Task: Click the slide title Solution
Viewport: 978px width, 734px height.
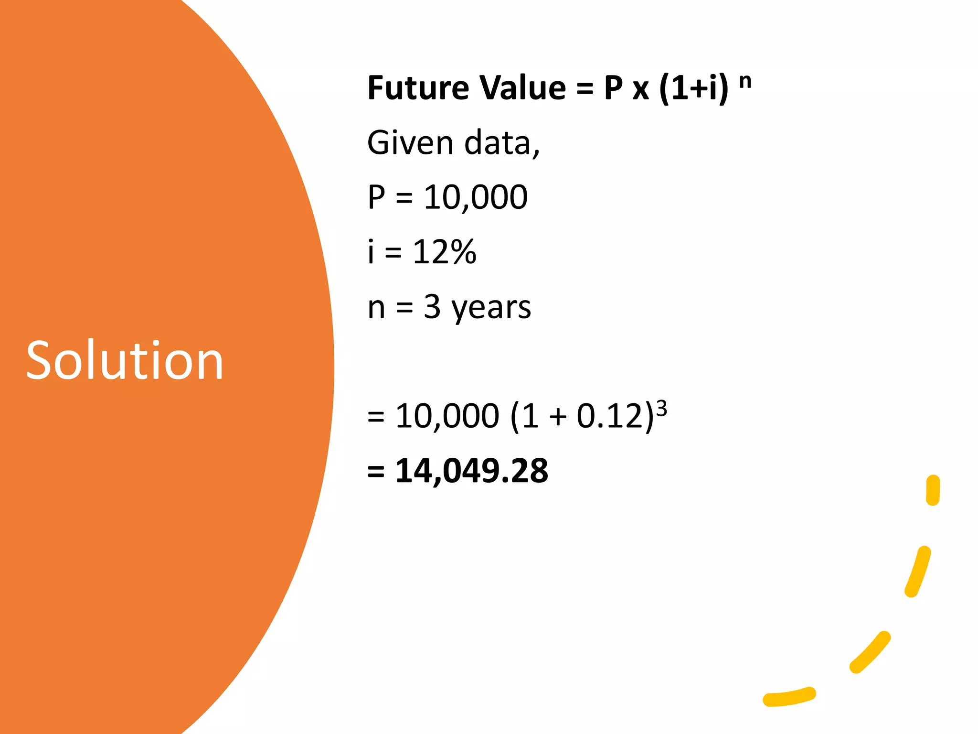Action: click(x=125, y=360)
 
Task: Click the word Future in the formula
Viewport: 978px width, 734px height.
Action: click(x=418, y=88)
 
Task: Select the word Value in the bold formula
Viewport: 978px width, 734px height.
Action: click(x=522, y=88)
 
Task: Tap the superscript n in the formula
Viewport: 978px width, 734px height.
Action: click(x=745, y=82)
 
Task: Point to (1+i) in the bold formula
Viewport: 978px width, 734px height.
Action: click(x=693, y=89)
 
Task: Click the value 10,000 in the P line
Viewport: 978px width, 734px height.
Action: click(x=476, y=197)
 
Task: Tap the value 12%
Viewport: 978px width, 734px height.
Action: click(x=445, y=252)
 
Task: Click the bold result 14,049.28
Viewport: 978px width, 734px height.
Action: click(x=472, y=471)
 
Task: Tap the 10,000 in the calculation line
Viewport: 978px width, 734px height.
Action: click(x=447, y=416)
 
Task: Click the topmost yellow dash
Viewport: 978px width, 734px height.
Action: click(x=933, y=490)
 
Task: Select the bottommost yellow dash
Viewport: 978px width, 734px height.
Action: click(x=789, y=697)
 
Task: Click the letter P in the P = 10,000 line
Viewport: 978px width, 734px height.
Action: click(x=376, y=197)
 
